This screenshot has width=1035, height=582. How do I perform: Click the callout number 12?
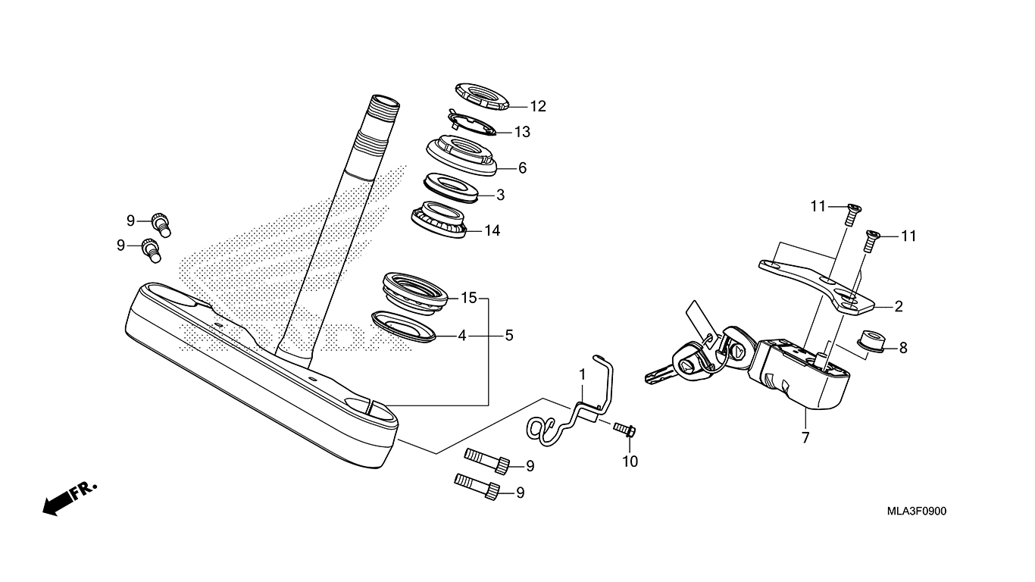coord(538,106)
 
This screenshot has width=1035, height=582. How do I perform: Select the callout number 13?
coord(523,132)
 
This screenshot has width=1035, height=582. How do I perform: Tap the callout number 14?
coord(492,230)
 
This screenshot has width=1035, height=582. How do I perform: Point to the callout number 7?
coord(805,437)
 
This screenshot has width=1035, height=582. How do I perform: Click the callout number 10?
coord(630,461)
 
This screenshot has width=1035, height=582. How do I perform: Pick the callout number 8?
coord(902,349)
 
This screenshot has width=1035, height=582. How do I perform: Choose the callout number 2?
coord(899,307)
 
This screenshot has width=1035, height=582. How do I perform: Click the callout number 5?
coord(509,334)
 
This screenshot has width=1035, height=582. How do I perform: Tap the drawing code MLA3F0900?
coord(917,511)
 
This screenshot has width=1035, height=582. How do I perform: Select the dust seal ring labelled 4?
coord(404,326)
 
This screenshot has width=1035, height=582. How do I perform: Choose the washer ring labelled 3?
coord(450,187)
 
